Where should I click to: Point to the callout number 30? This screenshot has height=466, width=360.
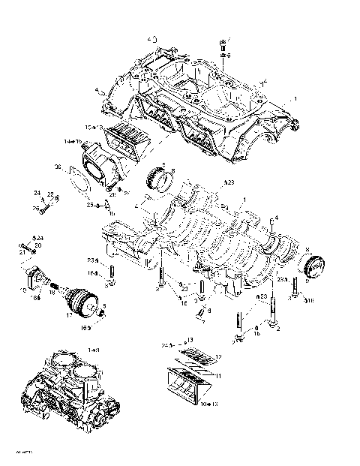57,167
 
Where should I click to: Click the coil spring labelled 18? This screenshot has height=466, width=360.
55,285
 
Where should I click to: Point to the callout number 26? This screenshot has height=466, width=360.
34,209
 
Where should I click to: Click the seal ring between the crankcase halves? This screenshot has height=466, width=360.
160,179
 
